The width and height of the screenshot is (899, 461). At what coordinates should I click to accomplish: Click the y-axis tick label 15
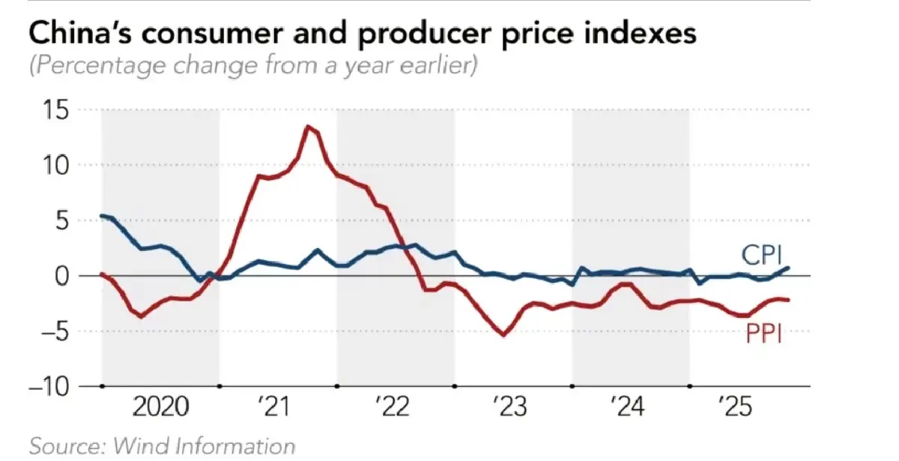[56, 110]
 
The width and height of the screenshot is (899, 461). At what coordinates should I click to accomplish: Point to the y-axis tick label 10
[56, 165]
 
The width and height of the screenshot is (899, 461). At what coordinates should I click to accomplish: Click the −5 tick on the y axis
[50, 331]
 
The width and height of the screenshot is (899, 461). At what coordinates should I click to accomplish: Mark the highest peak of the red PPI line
[308, 126]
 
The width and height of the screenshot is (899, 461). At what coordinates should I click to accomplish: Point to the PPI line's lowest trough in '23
[503, 334]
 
